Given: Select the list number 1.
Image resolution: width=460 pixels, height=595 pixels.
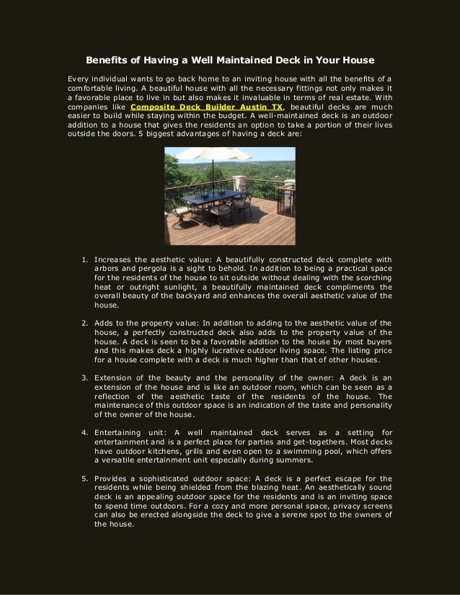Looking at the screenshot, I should click(84, 260).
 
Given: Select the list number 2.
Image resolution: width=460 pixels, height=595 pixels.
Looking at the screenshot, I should click(84, 323).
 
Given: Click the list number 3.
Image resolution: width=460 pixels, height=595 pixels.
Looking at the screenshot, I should click(84, 377).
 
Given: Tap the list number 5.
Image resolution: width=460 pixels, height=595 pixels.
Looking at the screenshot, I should click(84, 478).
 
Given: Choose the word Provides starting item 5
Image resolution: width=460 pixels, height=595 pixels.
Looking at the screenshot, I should click(113, 478).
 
